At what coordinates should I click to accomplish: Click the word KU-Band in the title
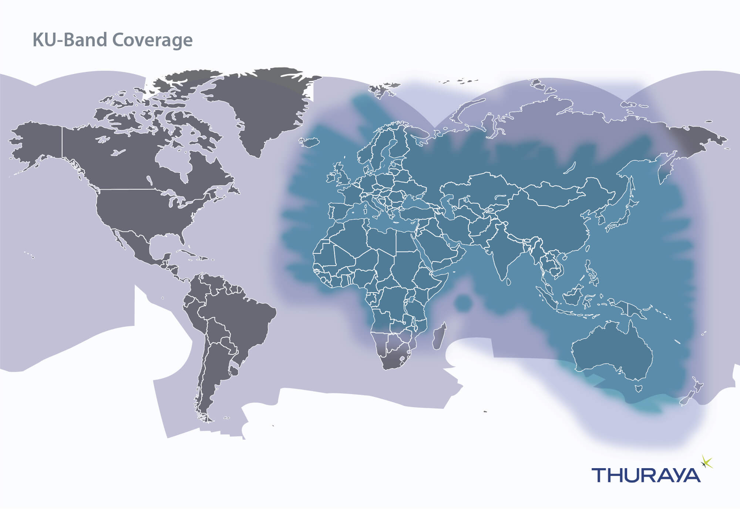pos(70,40)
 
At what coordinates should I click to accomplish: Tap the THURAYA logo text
pos(646,475)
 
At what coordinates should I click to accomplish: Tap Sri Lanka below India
pos(508,281)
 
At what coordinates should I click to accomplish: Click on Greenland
pos(263,107)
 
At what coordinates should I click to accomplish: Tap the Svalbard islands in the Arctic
pos(381,89)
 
